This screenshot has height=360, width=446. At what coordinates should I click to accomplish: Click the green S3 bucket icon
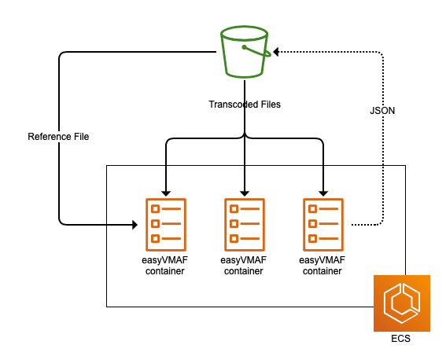click(x=245, y=52)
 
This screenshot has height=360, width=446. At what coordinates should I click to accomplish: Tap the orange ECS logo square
click(x=402, y=303)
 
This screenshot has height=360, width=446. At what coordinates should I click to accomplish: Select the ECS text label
click(x=400, y=339)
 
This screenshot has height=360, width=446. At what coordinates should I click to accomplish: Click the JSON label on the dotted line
click(x=382, y=111)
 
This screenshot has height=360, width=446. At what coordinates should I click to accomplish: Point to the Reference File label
click(x=58, y=137)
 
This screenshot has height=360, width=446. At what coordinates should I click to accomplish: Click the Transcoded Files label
click(x=245, y=105)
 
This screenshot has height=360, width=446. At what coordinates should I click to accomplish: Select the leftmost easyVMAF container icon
click(x=166, y=225)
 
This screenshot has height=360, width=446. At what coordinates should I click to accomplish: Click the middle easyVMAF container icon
click(x=245, y=225)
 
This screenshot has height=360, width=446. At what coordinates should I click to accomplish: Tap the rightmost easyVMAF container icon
click(x=323, y=225)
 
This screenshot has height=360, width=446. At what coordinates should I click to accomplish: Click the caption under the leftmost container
click(x=165, y=266)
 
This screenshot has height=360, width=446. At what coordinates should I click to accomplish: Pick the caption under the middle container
click(x=244, y=266)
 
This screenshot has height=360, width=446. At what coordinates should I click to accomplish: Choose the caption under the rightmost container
click(x=323, y=266)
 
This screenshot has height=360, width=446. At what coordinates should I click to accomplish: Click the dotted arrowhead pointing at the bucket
click(x=275, y=52)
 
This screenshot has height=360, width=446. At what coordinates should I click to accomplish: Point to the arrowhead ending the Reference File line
click(x=135, y=225)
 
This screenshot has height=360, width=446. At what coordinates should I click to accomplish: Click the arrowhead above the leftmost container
click(x=166, y=193)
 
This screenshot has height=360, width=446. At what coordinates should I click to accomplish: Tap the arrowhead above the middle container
click(x=245, y=193)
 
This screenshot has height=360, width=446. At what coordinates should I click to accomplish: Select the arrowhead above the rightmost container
click(x=323, y=193)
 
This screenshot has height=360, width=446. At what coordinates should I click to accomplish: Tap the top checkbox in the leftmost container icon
click(x=155, y=209)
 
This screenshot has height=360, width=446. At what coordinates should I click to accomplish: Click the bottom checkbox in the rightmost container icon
click(x=312, y=238)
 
